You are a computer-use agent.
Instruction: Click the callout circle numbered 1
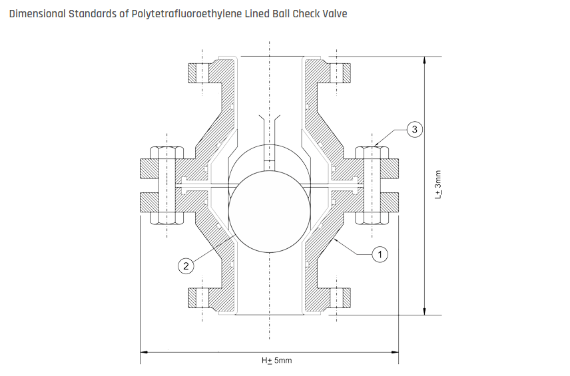[x=380, y=254]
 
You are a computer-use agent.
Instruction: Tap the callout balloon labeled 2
[x=186, y=266]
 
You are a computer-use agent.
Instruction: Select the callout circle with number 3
[x=414, y=130]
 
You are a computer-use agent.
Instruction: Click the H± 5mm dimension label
[x=276, y=360]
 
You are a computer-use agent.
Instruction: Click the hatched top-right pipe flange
[x=340, y=73]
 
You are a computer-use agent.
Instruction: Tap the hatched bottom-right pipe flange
[x=340, y=298]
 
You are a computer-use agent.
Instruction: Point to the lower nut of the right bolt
[x=373, y=218]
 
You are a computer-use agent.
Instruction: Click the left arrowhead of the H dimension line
[x=142, y=351]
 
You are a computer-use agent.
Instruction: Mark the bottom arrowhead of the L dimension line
[x=424, y=310]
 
